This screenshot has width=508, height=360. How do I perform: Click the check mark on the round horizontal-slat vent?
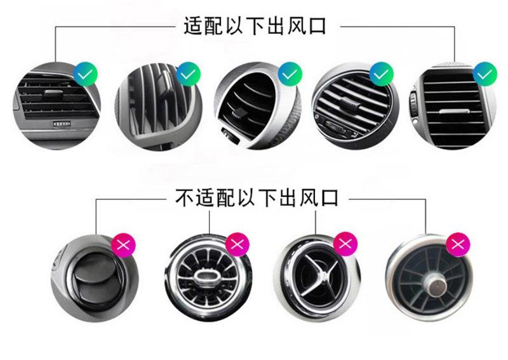381,75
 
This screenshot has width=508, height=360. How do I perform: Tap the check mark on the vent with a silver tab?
485,75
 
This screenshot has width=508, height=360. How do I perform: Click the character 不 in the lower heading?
184,199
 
